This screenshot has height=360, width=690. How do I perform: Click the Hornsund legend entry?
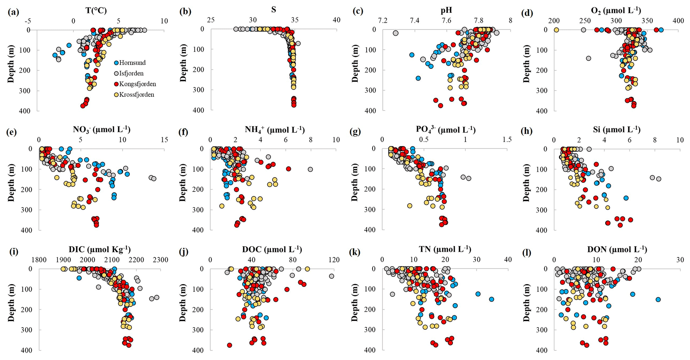tap(132, 63)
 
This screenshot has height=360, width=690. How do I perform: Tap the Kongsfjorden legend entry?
tap(137, 84)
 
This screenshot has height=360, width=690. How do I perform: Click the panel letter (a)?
tap(13, 12)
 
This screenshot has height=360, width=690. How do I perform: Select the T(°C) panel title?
tap(96, 11)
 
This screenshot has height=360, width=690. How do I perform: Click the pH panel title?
tap(446, 10)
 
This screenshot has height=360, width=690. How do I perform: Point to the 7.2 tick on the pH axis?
tap(383, 20)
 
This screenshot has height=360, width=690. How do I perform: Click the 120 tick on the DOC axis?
tap(334, 260)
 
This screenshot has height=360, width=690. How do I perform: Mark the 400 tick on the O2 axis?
tap(678, 21)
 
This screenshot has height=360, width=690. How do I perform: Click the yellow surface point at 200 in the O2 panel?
tap(556, 30)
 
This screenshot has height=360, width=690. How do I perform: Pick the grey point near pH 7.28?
tap(396, 33)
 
